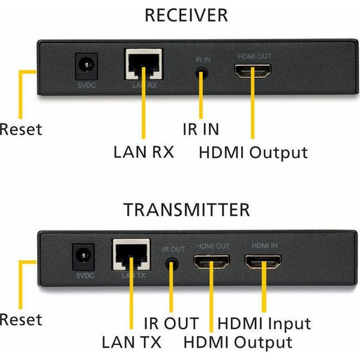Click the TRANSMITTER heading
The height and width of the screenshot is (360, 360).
click(187, 210)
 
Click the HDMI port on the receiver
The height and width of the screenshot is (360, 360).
click(252, 73)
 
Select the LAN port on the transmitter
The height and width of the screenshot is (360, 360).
click(131, 256)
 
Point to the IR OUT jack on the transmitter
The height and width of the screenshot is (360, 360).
click(172, 264)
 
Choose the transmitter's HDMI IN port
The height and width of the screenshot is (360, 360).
click(263, 263)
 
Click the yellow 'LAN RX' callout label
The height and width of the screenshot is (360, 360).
click(143, 151)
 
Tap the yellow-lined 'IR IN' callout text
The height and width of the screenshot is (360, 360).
click(200, 128)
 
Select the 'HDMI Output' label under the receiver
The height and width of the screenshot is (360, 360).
click(253, 152)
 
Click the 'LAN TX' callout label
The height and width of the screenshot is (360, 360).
click(130, 343)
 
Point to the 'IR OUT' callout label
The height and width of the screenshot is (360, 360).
click(170, 324)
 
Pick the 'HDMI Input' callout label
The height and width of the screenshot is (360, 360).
click(264, 324)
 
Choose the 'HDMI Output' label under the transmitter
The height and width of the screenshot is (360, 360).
click(238, 343)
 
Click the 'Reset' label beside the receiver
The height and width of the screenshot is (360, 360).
click(21, 129)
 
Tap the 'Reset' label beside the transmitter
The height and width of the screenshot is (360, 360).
click(21, 319)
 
